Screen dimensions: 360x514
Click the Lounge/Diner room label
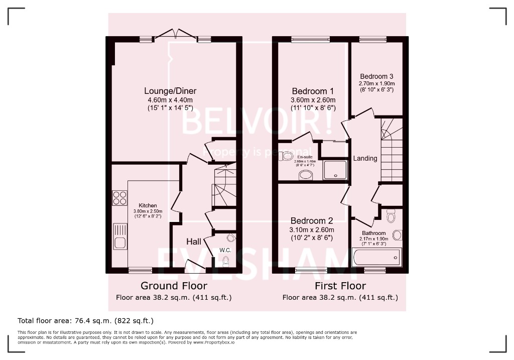pyautogui.click(x=170, y=91)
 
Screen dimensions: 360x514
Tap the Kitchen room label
pyautogui.click(x=148, y=206)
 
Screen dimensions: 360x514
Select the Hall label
pyautogui.click(x=194, y=242)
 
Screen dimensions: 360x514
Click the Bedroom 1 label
pyautogui.click(x=313, y=91)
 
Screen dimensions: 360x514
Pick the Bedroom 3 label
pyautogui.click(x=376, y=76)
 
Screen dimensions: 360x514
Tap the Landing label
pyautogui.click(x=365, y=158)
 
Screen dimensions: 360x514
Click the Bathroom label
pyautogui.click(x=374, y=233)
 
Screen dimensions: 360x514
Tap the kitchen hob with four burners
pyautogui.click(x=120, y=197)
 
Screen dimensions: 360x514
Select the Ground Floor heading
pyautogui.click(x=174, y=286)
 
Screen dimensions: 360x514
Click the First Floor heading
pyautogui.click(x=340, y=286)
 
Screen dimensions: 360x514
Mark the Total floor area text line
pyautogui.click(x=85, y=320)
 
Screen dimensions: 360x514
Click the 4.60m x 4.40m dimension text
pyautogui.click(x=170, y=100)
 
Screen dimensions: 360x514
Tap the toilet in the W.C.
pyautogui.click(x=225, y=260)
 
